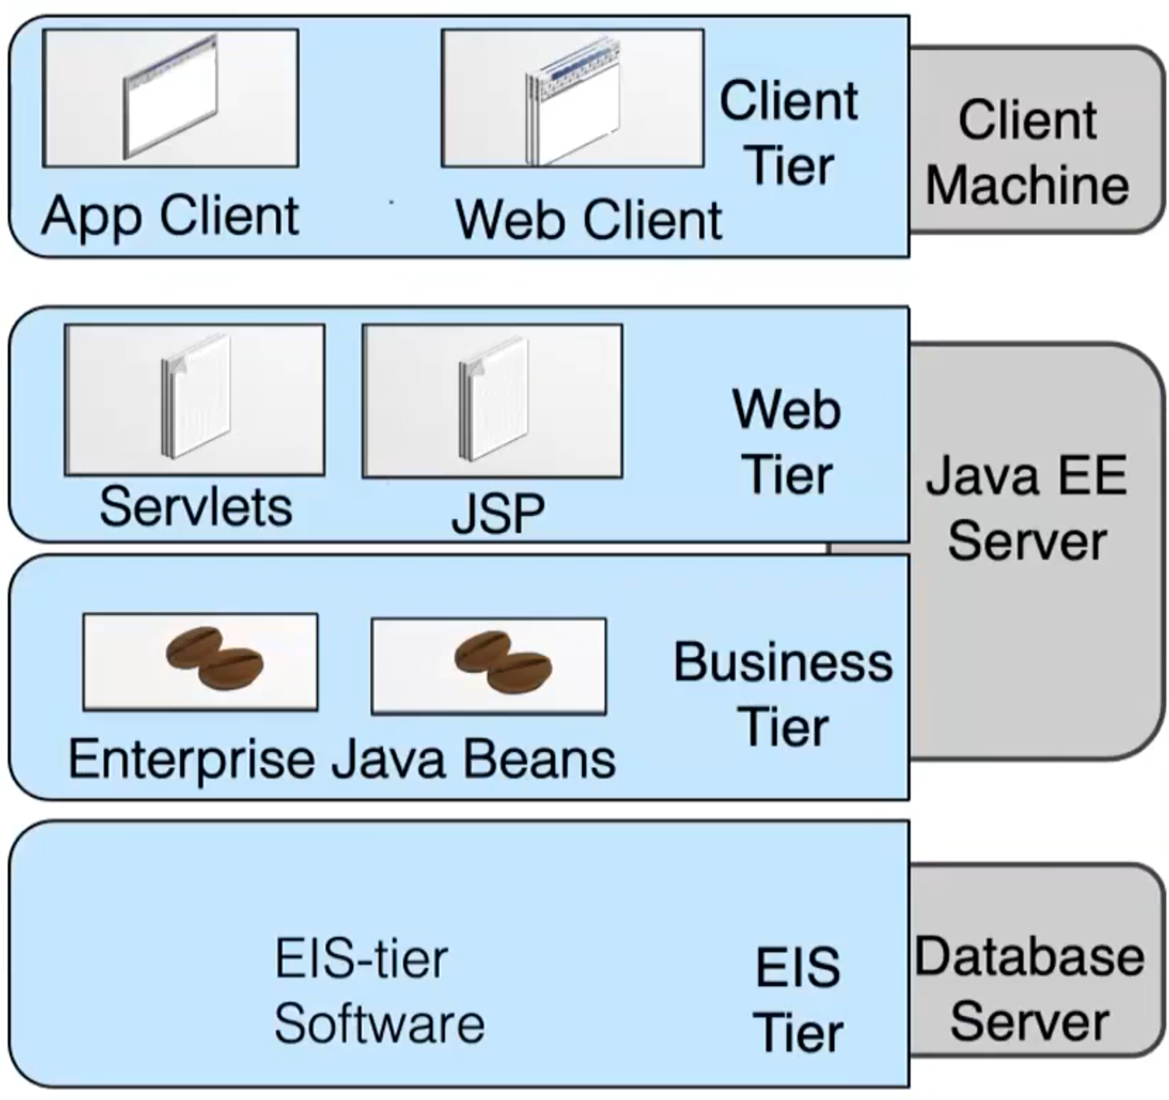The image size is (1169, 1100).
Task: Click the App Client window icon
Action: [170, 97]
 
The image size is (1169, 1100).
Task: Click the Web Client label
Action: [588, 220]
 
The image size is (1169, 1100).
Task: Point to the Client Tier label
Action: [789, 133]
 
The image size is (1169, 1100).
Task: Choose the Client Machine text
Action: [1027, 153]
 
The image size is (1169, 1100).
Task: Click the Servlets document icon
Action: [196, 398]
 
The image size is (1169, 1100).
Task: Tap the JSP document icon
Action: [493, 399]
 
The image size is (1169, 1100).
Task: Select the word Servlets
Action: [195, 507]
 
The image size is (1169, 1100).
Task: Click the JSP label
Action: [498, 513]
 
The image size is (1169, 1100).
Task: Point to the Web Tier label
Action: [787, 441]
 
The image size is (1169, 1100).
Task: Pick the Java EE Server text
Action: [1026, 508]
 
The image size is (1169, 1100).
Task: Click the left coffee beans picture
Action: [214, 657]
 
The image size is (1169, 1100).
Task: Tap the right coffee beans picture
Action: [503, 663]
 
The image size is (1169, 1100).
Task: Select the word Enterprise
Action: [191, 760]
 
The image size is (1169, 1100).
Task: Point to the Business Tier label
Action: [783, 695]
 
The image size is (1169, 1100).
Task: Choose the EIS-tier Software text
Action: [379, 991]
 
